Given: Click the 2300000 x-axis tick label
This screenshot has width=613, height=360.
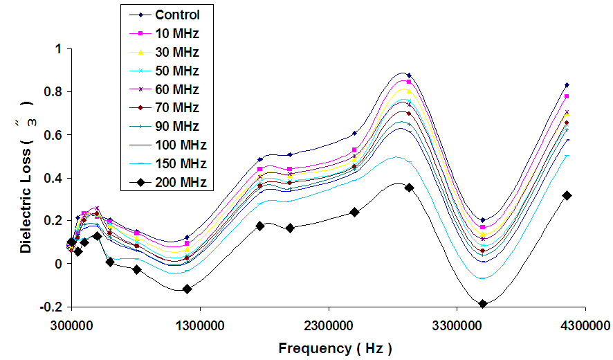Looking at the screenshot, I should (328, 324).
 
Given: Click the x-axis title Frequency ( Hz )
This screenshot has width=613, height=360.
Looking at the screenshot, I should (335, 348).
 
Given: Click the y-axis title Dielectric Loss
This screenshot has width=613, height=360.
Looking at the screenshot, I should (26, 177).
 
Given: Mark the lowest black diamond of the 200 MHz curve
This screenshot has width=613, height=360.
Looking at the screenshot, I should (483, 304).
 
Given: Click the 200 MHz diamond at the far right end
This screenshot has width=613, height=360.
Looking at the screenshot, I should (567, 195).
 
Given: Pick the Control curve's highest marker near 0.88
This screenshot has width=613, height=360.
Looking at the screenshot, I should (409, 75).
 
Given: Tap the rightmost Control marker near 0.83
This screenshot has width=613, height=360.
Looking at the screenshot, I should (567, 85).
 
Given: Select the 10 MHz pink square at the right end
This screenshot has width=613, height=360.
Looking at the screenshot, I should (567, 96).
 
